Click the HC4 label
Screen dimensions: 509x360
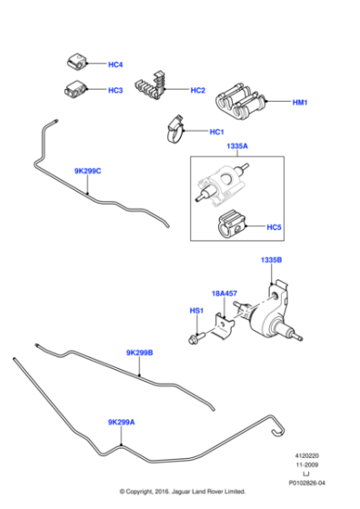pos(115,65)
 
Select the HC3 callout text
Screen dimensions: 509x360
pos(115,91)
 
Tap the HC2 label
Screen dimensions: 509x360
pos(198,91)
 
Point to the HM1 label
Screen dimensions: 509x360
pos(301,103)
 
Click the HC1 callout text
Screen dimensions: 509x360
pos(215,133)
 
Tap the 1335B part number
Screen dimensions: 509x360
pos(272,260)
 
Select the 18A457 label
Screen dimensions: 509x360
pos(224,294)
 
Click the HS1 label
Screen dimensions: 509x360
pos(195,312)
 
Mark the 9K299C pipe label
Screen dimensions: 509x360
pos(88,171)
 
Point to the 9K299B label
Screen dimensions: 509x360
pos(139,353)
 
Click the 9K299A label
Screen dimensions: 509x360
pos(121,422)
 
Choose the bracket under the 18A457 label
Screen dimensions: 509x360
pos(224,324)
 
